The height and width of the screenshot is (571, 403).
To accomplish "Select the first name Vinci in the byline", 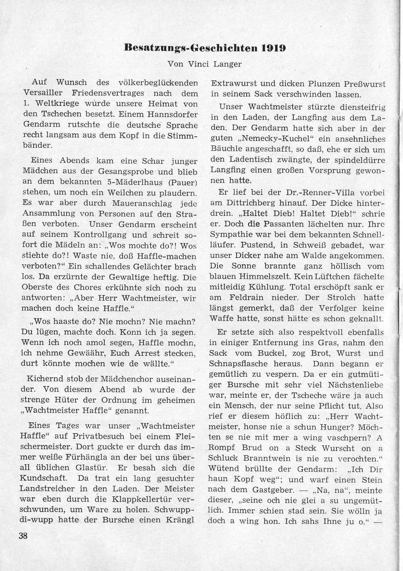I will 198,63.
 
